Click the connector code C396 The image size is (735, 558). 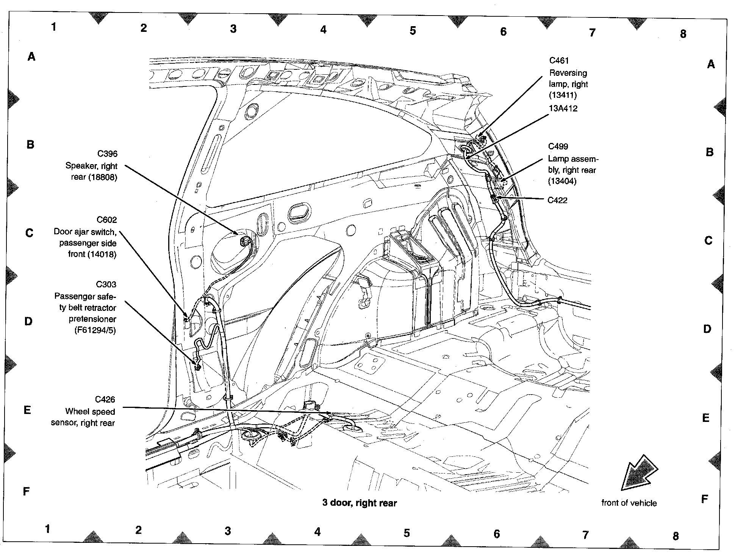point(107,154)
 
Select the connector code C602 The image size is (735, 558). point(107,219)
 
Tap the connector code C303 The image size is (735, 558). point(106,284)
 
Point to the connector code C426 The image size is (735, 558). point(105,399)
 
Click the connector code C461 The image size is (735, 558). point(559,61)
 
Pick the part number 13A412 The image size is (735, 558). point(563,108)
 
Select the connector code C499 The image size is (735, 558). point(558,146)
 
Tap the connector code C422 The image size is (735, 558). point(558,200)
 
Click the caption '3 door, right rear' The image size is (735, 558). point(360,503)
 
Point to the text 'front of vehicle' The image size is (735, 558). point(629,503)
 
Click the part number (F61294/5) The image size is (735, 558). point(95,331)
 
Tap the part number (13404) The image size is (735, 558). point(562,181)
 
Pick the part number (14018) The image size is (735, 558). point(101,254)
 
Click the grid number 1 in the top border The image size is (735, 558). point(54,27)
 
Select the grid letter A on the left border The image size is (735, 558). point(31,57)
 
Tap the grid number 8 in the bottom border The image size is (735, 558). point(676,536)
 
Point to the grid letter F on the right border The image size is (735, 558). point(705,499)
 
